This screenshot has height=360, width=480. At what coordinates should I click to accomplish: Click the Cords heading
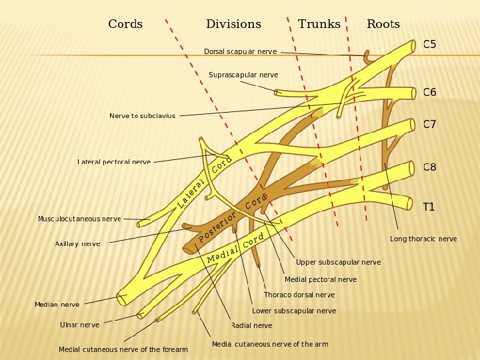[125, 25]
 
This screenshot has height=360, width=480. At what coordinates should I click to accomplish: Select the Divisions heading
[233, 25]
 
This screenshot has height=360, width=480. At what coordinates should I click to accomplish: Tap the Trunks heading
[319, 25]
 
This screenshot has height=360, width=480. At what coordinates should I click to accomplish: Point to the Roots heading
[383, 25]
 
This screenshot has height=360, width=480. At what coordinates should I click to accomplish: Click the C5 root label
[430, 45]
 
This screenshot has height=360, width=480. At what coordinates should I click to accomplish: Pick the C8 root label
[430, 167]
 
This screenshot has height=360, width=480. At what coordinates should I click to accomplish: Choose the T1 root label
[429, 207]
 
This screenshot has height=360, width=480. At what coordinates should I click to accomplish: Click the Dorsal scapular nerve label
[240, 52]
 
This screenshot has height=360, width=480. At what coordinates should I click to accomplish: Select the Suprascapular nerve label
[243, 75]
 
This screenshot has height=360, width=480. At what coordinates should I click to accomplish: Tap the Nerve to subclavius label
[143, 116]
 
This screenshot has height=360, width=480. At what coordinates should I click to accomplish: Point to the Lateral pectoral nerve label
[114, 162]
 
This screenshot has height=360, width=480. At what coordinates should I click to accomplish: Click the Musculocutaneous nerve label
[79, 219]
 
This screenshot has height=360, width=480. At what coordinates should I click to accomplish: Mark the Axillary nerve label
[77, 244]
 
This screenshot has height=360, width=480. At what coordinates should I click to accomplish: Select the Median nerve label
[57, 305]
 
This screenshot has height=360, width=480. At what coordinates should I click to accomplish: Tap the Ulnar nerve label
[79, 325]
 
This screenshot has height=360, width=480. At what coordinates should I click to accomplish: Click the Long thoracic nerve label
[423, 239]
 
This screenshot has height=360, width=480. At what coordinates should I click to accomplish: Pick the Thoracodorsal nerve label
[299, 295]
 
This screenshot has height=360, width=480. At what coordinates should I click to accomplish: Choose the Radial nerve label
[251, 325]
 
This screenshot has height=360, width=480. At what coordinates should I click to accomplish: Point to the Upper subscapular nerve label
[338, 262]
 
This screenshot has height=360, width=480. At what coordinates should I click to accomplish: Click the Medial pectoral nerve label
[321, 279]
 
